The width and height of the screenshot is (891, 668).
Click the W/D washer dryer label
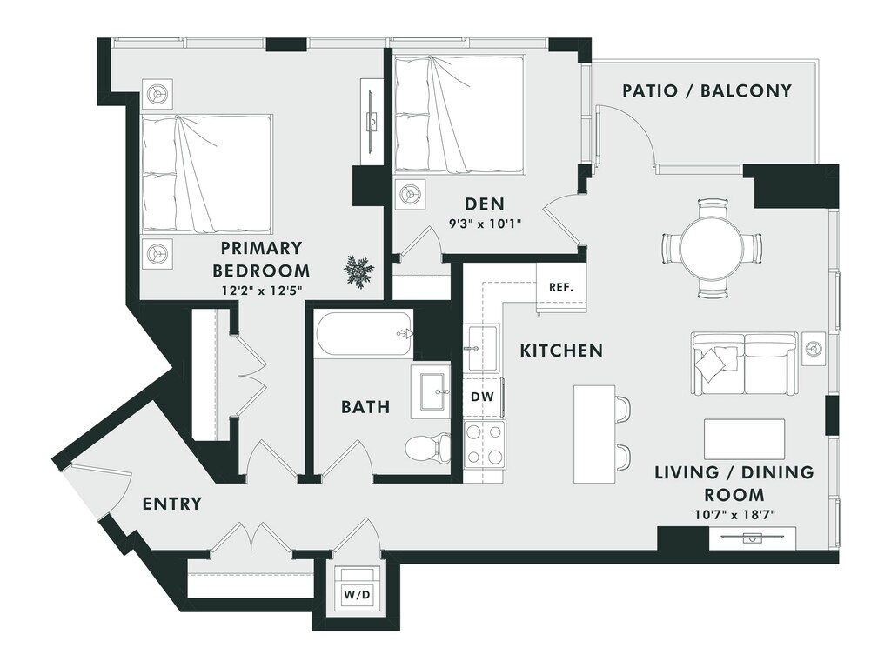pyautogui.click(x=357, y=595)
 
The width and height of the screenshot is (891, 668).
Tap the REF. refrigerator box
pyautogui.click(x=561, y=287)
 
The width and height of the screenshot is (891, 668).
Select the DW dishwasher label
pyautogui.click(x=482, y=397)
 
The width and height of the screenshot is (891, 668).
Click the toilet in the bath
pyautogui.click(x=427, y=446)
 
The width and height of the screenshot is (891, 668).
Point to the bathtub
pyautogui.click(x=364, y=335)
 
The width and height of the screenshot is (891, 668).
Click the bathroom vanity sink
pyautogui.click(x=430, y=392)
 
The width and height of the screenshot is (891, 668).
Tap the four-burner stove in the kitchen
pyautogui.click(x=484, y=444)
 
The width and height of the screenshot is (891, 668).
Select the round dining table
pyautogui.click(x=712, y=248)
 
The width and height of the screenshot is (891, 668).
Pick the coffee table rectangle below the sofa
pyautogui.click(x=745, y=439)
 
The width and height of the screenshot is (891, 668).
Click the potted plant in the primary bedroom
pyautogui.click(x=358, y=272)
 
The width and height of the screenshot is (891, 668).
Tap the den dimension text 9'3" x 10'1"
pyautogui.click(x=485, y=224)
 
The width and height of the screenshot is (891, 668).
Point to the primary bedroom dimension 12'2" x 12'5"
pyautogui.click(x=262, y=291)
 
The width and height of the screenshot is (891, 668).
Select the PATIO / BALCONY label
pyautogui.click(x=707, y=90)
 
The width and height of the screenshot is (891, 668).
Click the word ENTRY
pyautogui.click(x=171, y=504)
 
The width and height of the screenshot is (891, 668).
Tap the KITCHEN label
pyautogui.click(x=561, y=351)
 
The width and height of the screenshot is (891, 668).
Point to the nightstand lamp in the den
pyautogui.click(x=409, y=194)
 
